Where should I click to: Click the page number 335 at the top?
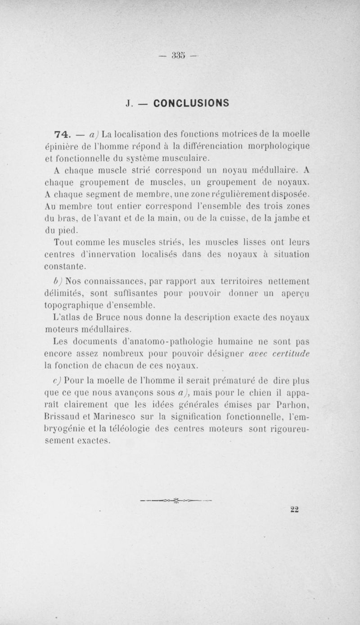[x=179, y=56]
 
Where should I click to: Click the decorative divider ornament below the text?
[x=175, y=499]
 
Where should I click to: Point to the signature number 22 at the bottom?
[x=295, y=509]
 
